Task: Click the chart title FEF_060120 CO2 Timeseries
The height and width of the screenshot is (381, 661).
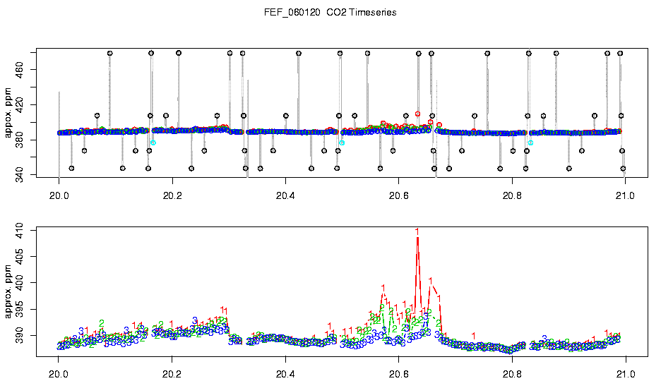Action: click(330, 13)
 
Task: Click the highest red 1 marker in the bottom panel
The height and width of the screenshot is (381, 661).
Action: click(417, 231)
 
